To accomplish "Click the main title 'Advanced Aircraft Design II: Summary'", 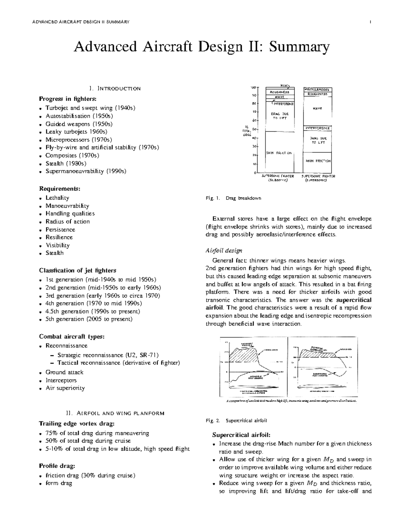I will pyautogui.click(x=201, y=47).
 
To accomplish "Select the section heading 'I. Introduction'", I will pyautogui.click(x=115, y=89).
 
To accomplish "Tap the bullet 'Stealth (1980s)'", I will pyautogui.click(x=66, y=163).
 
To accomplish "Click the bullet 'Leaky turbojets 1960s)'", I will pyautogui.click(x=76, y=132).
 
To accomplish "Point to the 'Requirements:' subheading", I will pyautogui.click(x=60, y=188).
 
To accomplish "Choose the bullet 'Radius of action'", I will pyautogui.click(x=68, y=221).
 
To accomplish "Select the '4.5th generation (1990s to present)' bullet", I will pyautogui.click(x=93, y=311).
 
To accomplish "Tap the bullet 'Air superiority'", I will pyautogui.click(x=65, y=388).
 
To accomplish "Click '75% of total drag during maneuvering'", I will pyautogui.click(x=97, y=433).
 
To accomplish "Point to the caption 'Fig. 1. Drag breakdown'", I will pyautogui.click(x=233, y=198).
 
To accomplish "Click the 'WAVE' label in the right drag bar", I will pyautogui.click(x=317, y=108).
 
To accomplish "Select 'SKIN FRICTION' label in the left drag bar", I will pyautogui.click(x=279, y=153).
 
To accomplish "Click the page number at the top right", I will pyautogui.click(x=370, y=22).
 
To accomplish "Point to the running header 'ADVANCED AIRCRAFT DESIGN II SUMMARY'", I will pyautogui.click(x=81, y=22).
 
